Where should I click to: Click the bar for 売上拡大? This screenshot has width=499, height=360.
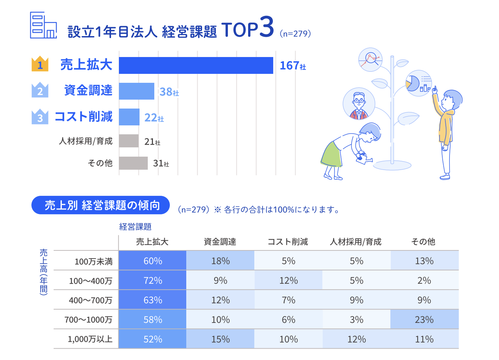point(196,65)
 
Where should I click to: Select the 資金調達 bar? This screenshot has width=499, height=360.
point(136,91)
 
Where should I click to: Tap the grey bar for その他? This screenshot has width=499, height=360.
point(133,163)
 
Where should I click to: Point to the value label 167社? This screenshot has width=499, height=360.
point(292,66)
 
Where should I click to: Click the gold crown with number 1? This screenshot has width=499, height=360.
point(40,64)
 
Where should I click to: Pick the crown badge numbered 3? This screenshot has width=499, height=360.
point(40,117)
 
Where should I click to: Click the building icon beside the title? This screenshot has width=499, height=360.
point(43,25)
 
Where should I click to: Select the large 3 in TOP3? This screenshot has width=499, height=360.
point(266,27)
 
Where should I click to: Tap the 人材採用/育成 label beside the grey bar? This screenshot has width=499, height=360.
point(86,141)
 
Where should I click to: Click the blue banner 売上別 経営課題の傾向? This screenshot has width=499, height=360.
point(100,205)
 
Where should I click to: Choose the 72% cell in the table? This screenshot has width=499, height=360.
point(153,280)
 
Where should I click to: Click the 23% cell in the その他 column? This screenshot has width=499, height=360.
point(424,319)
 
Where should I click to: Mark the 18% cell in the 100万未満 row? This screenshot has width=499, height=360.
point(220,261)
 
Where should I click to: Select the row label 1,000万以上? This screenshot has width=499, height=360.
point(90,339)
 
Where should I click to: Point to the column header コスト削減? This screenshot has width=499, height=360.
point(288,242)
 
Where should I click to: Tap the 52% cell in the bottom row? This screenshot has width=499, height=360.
point(153,339)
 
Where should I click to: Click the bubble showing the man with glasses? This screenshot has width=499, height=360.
point(359,103)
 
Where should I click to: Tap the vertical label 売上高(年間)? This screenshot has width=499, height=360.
point(44,271)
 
